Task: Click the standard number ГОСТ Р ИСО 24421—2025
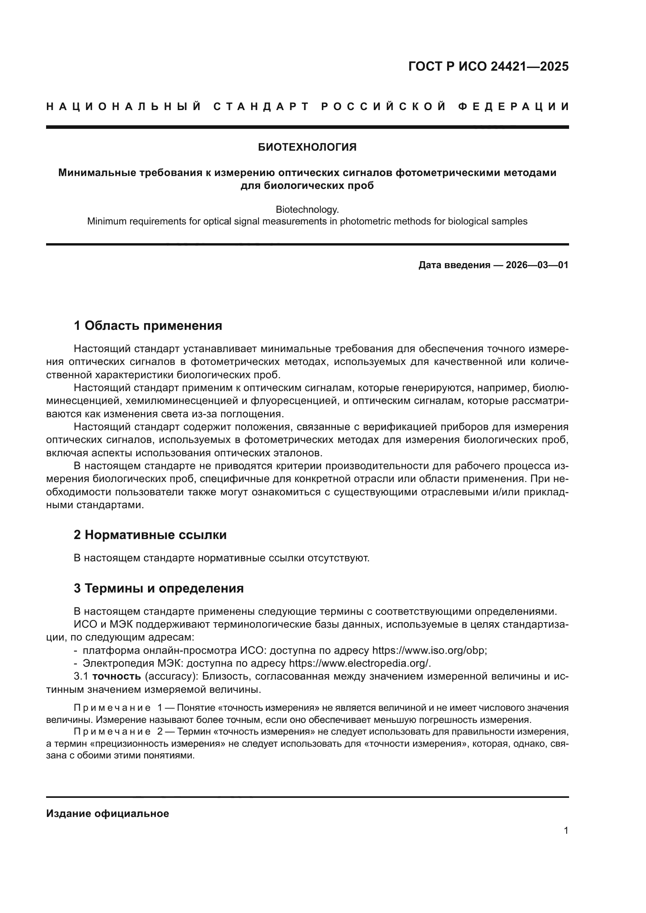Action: tap(488, 66)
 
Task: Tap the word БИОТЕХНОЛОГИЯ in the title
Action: tap(307, 148)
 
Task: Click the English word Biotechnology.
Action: tap(307, 209)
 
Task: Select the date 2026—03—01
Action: tap(537, 265)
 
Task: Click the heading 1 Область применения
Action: tap(148, 326)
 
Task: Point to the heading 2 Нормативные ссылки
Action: tap(150, 535)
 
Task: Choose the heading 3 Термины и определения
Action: tap(158, 588)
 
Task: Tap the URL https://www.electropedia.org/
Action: tap(360, 663)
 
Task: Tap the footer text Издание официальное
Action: tap(107, 813)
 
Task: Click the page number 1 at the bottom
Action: tap(566, 831)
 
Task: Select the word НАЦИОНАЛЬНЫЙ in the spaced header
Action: tap(123, 107)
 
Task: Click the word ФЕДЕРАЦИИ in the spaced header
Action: tap(513, 107)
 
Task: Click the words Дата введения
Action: tap(454, 265)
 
